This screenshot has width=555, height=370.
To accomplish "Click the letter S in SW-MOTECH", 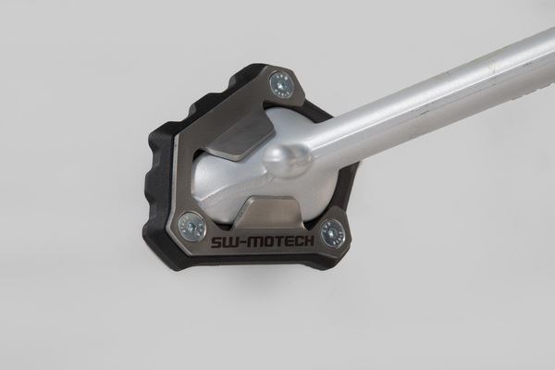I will pos(216,241).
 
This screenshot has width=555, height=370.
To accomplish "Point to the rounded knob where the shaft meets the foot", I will pos(286,160).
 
